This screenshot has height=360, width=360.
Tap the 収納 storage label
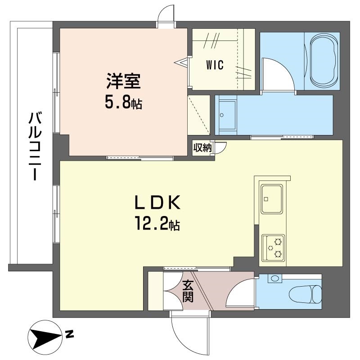coord(202,147)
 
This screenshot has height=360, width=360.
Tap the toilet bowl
coord(306,294)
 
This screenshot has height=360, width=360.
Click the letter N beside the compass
coord(69,334)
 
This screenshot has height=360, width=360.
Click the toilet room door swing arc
coord(241,292)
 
